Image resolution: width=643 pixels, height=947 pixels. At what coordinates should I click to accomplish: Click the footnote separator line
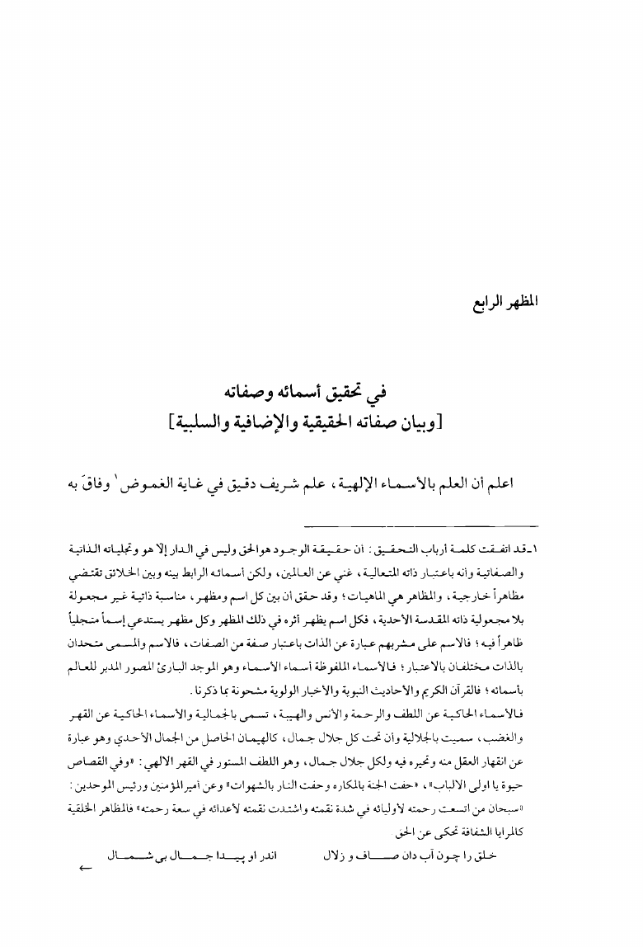421,525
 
